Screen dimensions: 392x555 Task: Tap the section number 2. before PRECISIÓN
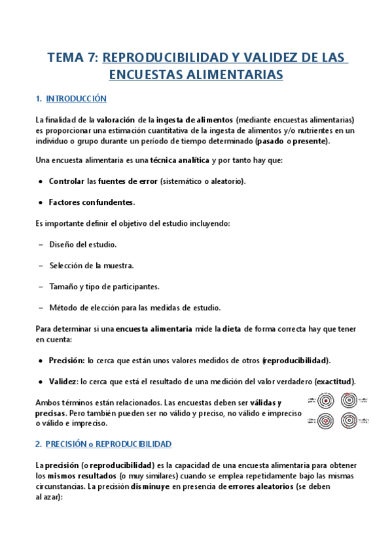(x=39, y=444)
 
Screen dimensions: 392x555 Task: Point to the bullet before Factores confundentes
(x=41, y=202)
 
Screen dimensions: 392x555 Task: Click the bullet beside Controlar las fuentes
(x=41, y=181)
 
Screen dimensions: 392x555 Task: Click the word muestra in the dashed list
(x=118, y=265)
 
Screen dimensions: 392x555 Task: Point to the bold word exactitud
(x=335, y=382)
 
